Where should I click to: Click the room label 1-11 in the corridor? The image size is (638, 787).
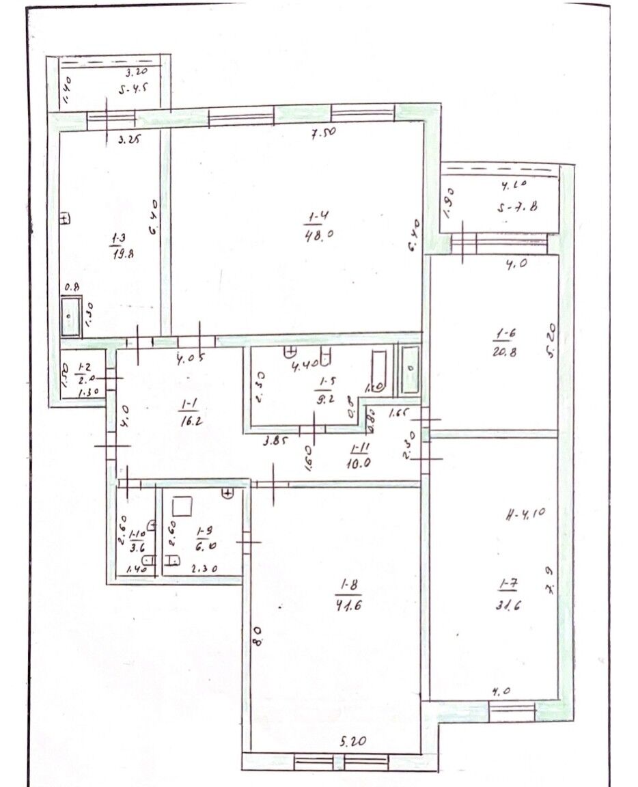pos(359,448)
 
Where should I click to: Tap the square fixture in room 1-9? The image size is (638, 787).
pos(182,507)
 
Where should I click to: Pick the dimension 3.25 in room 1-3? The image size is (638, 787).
pos(129,141)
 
